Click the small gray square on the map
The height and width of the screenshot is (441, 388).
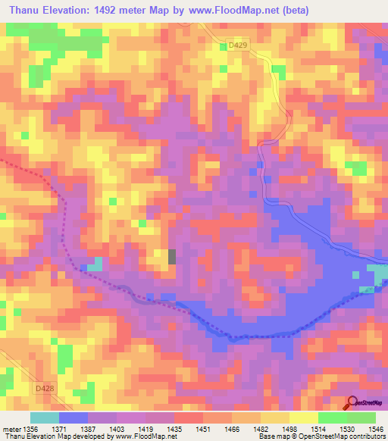click(x=171, y=256)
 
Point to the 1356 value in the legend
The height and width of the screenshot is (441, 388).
click(x=31, y=429)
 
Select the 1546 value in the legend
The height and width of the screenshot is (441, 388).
click(x=377, y=429)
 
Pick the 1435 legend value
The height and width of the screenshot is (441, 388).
click(x=175, y=429)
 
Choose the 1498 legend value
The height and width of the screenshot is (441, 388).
click(x=290, y=429)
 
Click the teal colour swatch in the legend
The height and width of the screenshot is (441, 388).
click(x=45, y=418)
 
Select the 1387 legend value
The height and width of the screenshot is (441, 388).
click(x=89, y=429)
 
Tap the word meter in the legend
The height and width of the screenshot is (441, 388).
click(x=10, y=429)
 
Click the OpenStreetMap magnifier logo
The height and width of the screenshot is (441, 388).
click(x=353, y=403)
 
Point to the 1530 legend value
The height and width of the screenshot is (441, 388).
click(x=348, y=429)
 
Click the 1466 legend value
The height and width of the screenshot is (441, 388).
click(x=233, y=429)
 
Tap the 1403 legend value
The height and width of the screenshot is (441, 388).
click(x=117, y=429)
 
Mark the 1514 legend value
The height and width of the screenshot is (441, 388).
click(x=319, y=429)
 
